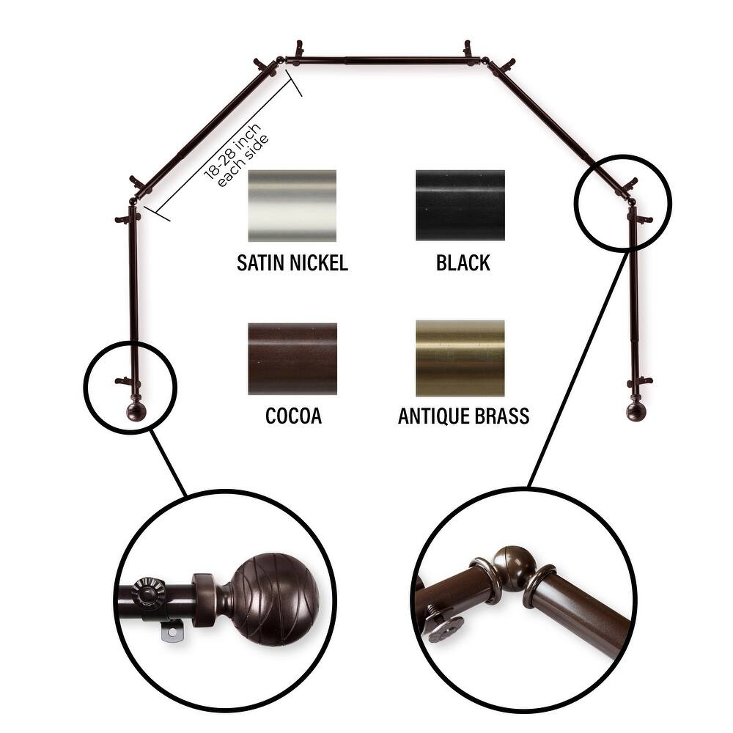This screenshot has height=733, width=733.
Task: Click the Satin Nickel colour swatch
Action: pos(292,205)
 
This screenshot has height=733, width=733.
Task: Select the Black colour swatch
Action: pos(460,205)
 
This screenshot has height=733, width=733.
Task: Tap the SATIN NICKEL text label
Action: pos(292,263)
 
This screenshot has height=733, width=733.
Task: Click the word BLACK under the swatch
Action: pos(463,263)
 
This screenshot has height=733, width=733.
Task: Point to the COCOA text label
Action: pos(293,416)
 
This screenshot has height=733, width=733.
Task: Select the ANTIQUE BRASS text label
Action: pos(463,416)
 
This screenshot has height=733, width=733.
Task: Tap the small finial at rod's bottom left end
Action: pos(136,410)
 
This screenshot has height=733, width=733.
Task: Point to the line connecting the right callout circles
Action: pos(579,366)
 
